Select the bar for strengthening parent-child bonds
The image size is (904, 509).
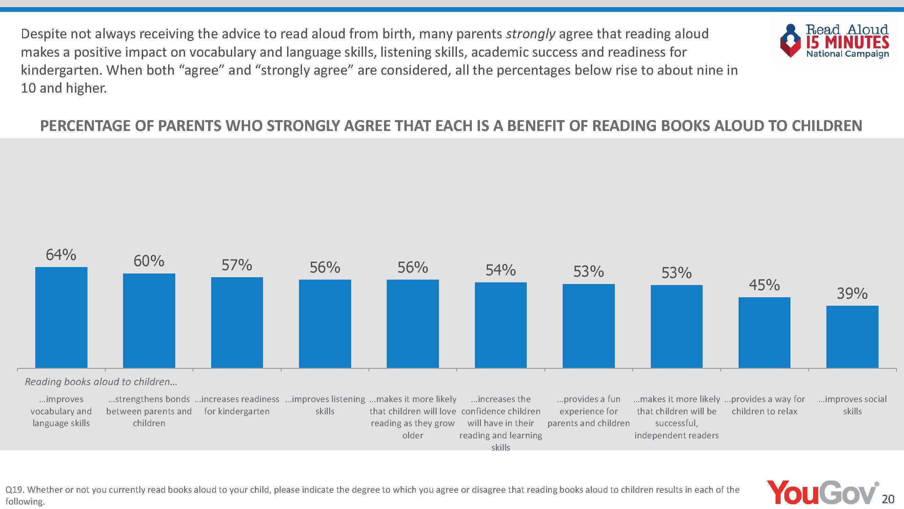point(149,320)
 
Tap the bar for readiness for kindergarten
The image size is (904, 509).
point(237,322)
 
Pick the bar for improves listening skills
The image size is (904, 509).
point(325,323)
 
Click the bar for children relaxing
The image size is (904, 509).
point(764,332)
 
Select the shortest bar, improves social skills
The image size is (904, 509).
point(852,337)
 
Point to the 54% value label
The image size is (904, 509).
point(500,270)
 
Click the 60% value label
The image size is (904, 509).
point(149,261)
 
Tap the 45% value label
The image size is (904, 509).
point(764,285)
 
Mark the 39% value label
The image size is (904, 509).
point(852,293)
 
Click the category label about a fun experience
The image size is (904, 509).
point(588,411)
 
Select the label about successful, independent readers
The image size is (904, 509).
point(677,417)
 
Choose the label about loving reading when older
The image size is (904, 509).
point(413,417)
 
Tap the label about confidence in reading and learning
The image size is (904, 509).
point(500,423)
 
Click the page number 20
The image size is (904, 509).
point(888,499)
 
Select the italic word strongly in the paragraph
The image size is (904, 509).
point(530,34)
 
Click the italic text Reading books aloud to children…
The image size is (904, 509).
point(101,381)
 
